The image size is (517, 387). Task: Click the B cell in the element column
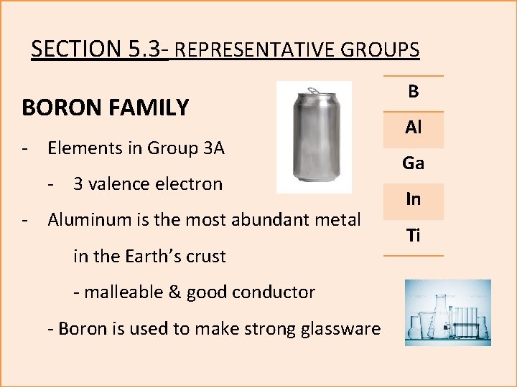click(413, 92)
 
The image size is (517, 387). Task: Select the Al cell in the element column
click(413, 128)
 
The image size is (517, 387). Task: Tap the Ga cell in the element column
click(413, 164)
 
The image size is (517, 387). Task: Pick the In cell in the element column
click(413, 200)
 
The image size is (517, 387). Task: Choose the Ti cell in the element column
click(413, 236)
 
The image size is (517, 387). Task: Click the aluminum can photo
click(314, 137)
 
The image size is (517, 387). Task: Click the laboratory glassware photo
click(447, 313)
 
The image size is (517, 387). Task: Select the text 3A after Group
click(214, 148)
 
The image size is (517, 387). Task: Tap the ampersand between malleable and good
click(175, 292)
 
